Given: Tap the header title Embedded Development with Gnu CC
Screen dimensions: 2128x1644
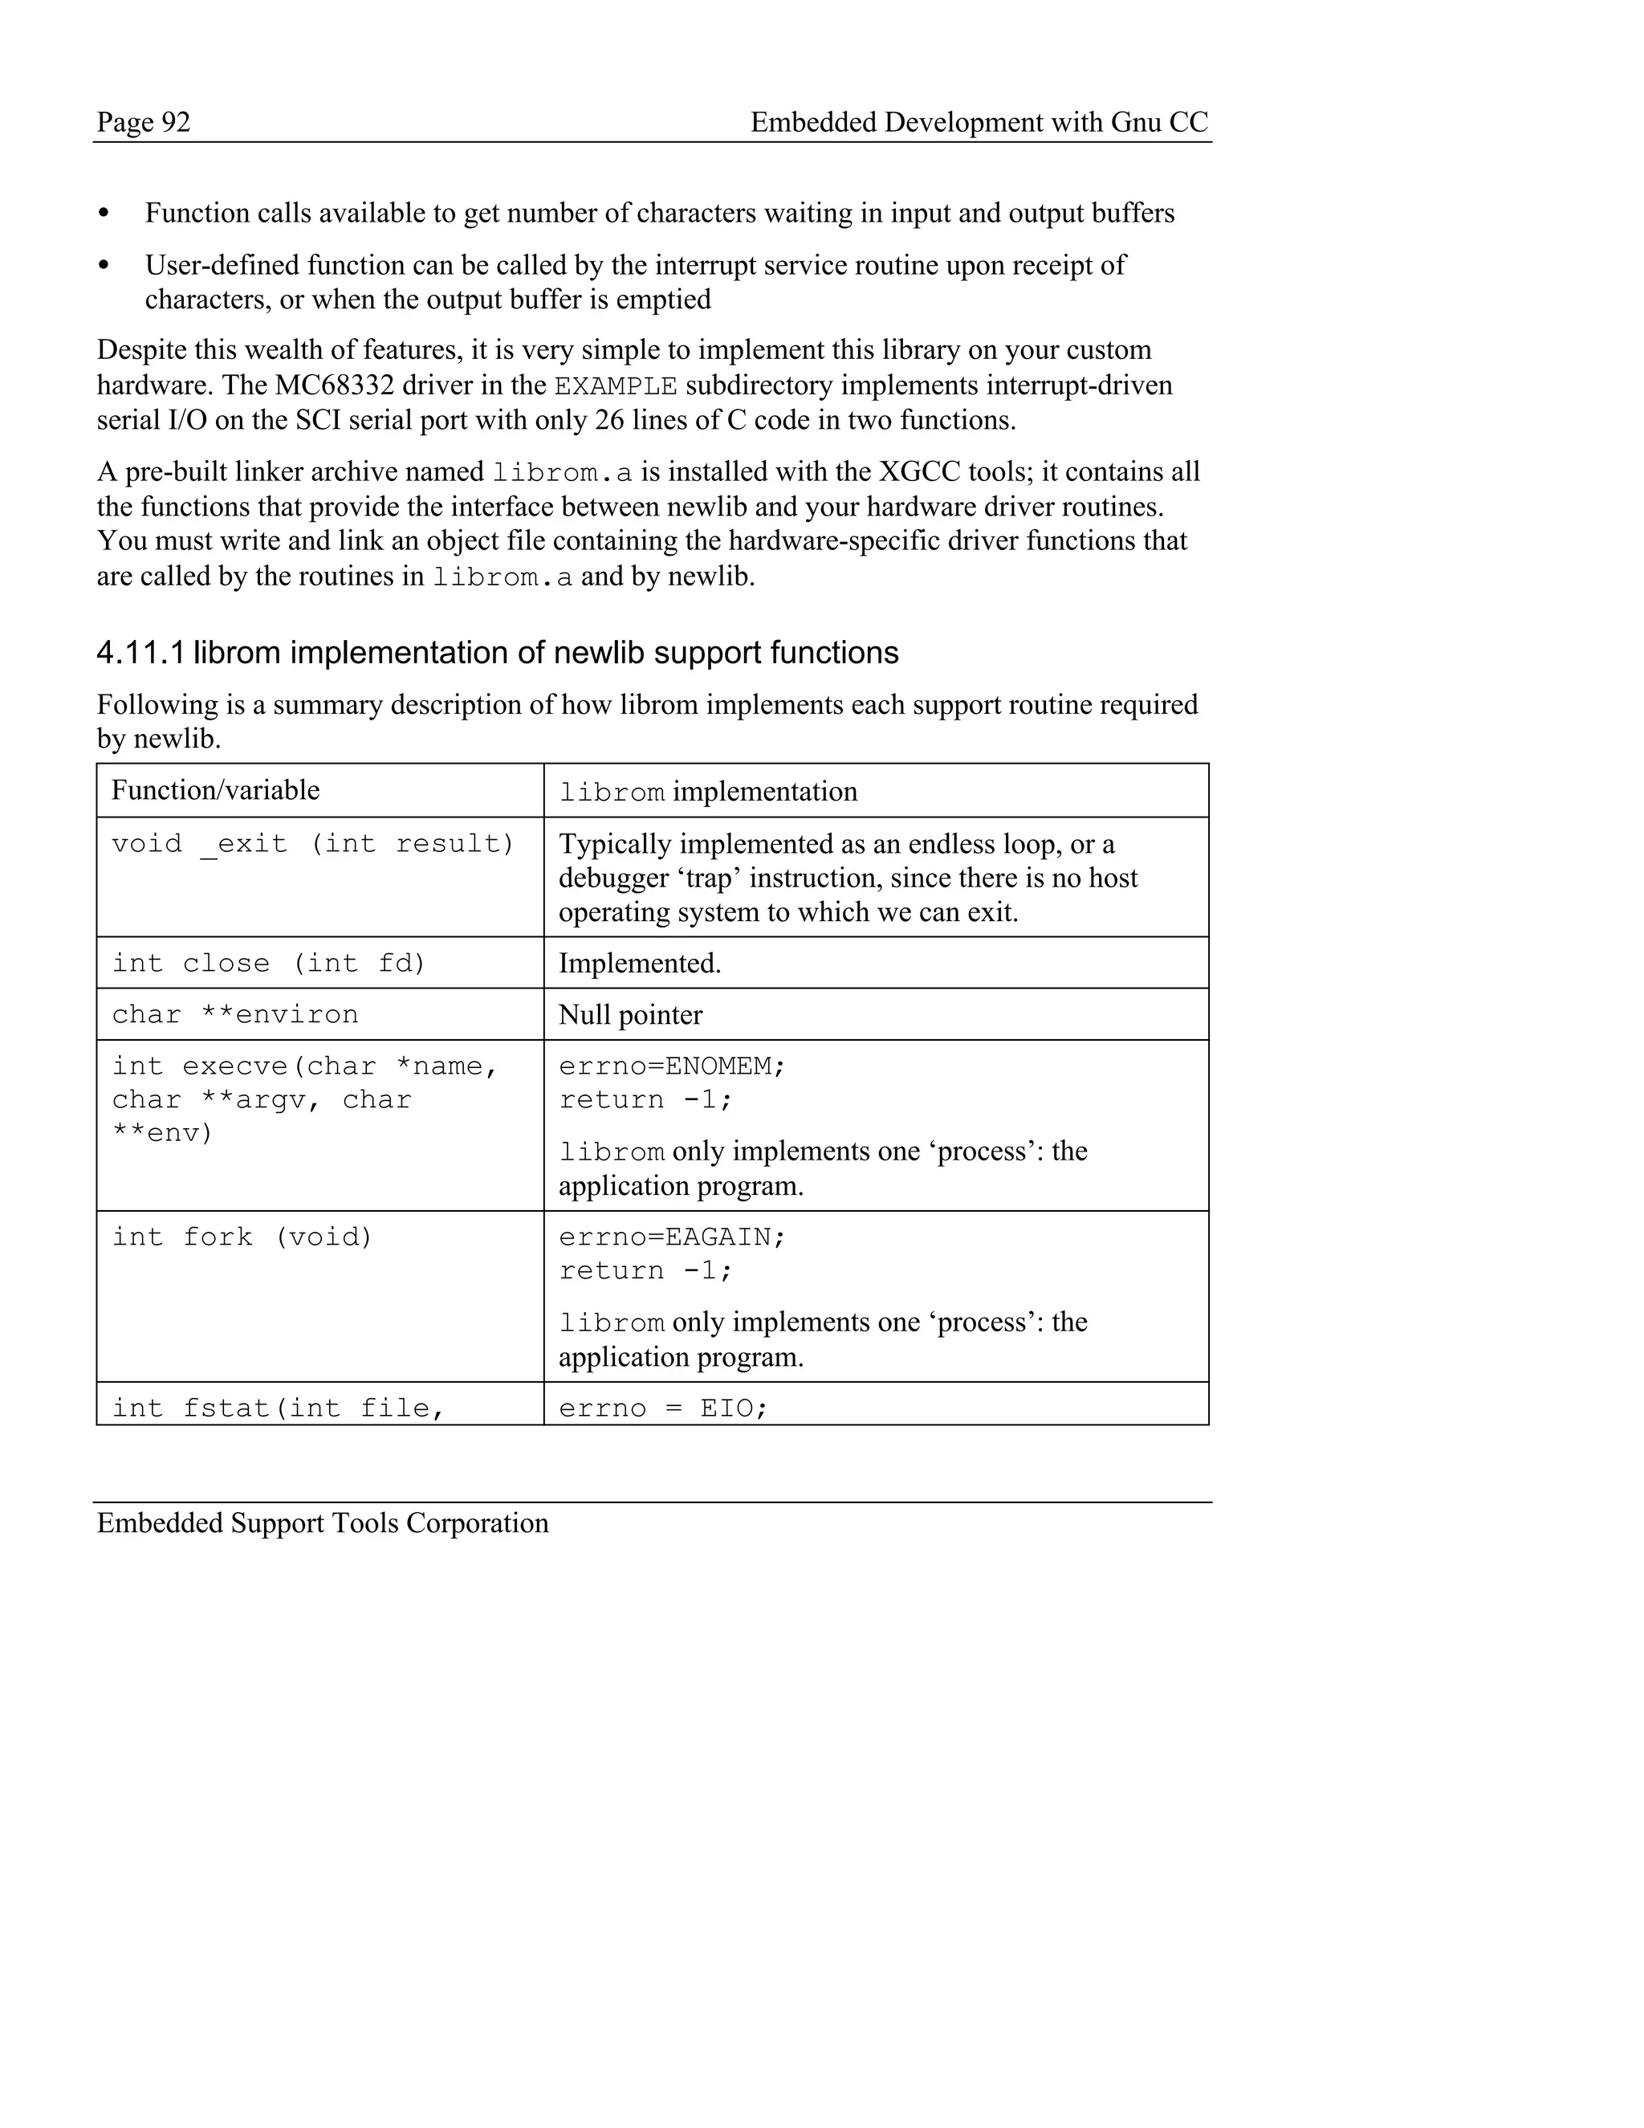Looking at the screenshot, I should click(x=979, y=123).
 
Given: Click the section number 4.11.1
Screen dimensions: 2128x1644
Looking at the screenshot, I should click(x=140, y=653).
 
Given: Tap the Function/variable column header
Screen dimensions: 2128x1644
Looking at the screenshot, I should click(x=215, y=790).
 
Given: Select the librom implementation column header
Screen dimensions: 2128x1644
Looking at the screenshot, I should click(x=708, y=792).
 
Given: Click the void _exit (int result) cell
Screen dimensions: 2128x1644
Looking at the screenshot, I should click(x=311, y=844).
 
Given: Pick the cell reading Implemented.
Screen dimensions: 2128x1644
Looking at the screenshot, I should click(x=640, y=964).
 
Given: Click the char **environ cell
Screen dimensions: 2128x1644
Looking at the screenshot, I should click(x=234, y=1015).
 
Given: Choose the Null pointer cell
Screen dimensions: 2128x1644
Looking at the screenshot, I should click(x=630, y=1015).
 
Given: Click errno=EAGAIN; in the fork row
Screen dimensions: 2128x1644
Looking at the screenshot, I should click(x=672, y=1237).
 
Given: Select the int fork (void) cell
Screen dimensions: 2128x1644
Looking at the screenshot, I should click(x=242, y=1237).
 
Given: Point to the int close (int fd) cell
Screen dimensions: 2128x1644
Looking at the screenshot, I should click(x=269, y=964).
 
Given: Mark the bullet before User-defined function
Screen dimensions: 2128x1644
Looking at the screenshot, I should click(x=104, y=266).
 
